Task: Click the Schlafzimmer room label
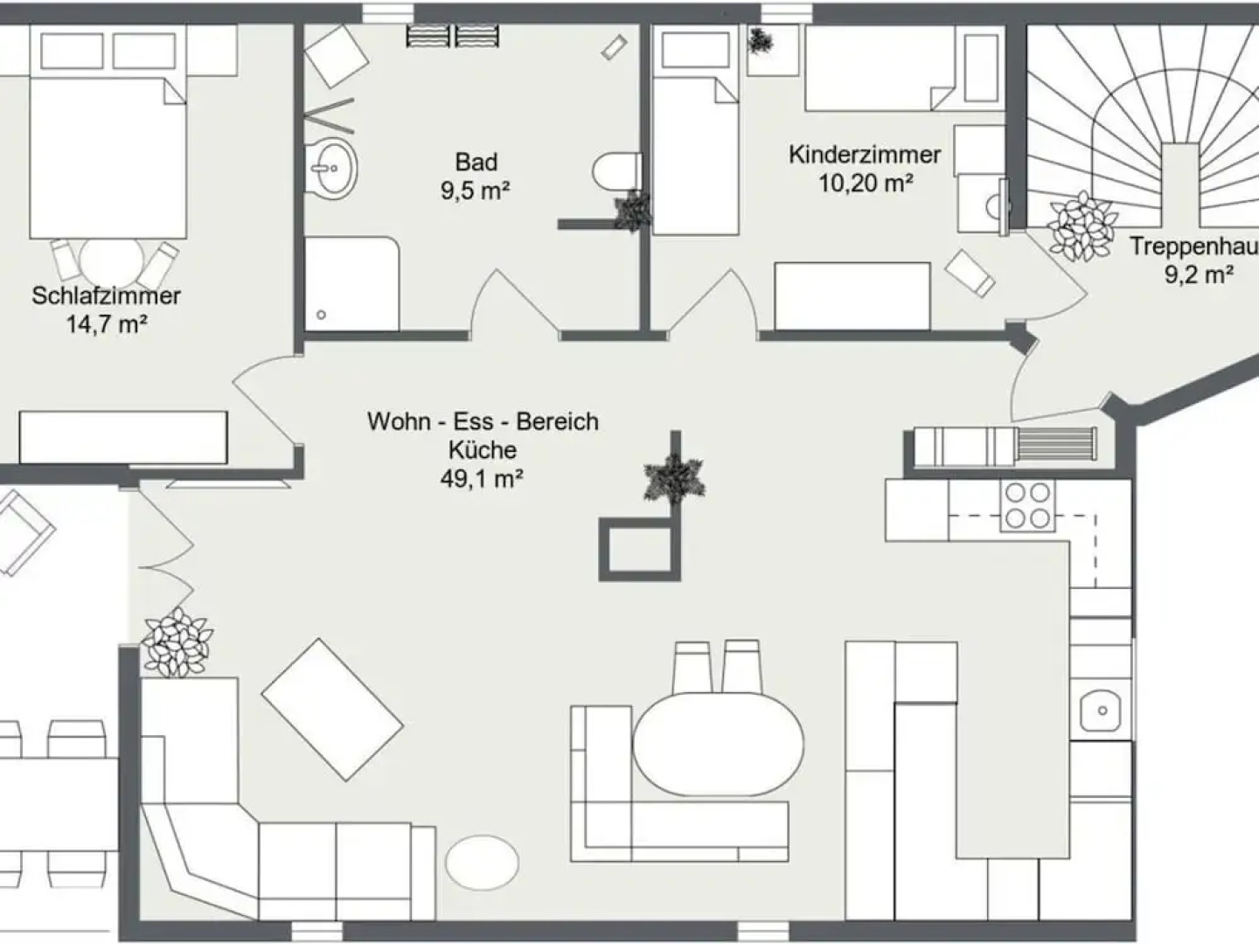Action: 106,295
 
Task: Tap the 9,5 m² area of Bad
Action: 476,191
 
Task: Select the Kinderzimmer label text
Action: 864,155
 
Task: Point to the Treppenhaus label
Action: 1193,246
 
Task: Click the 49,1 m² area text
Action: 483,478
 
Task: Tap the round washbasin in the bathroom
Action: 331,167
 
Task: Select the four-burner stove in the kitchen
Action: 1026,506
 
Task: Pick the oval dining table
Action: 718,744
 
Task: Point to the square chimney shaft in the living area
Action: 638,550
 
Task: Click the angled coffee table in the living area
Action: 332,709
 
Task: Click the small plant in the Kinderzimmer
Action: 760,41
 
